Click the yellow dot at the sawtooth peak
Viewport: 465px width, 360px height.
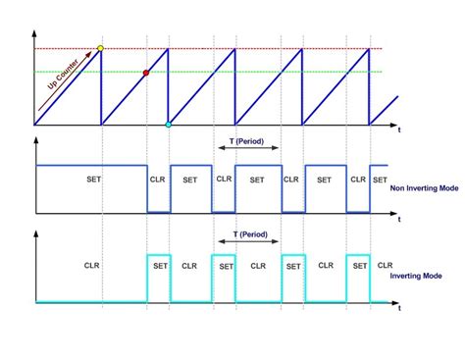[x=101, y=47]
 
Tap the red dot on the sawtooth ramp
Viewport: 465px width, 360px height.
[x=146, y=73]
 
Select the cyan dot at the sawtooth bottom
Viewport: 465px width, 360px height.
[x=169, y=125]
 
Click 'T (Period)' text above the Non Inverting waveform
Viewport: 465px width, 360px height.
[x=246, y=142]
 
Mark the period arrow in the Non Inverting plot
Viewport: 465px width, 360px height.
[x=246, y=151]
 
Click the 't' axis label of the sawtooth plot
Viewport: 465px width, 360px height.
[x=399, y=129]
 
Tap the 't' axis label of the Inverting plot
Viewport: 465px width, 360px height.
[x=399, y=308]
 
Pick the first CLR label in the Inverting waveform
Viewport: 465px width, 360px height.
[x=92, y=265]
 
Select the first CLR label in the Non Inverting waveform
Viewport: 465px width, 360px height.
[x=158, y=180]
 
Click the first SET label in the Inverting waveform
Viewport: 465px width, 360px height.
[x=158, y=265]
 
